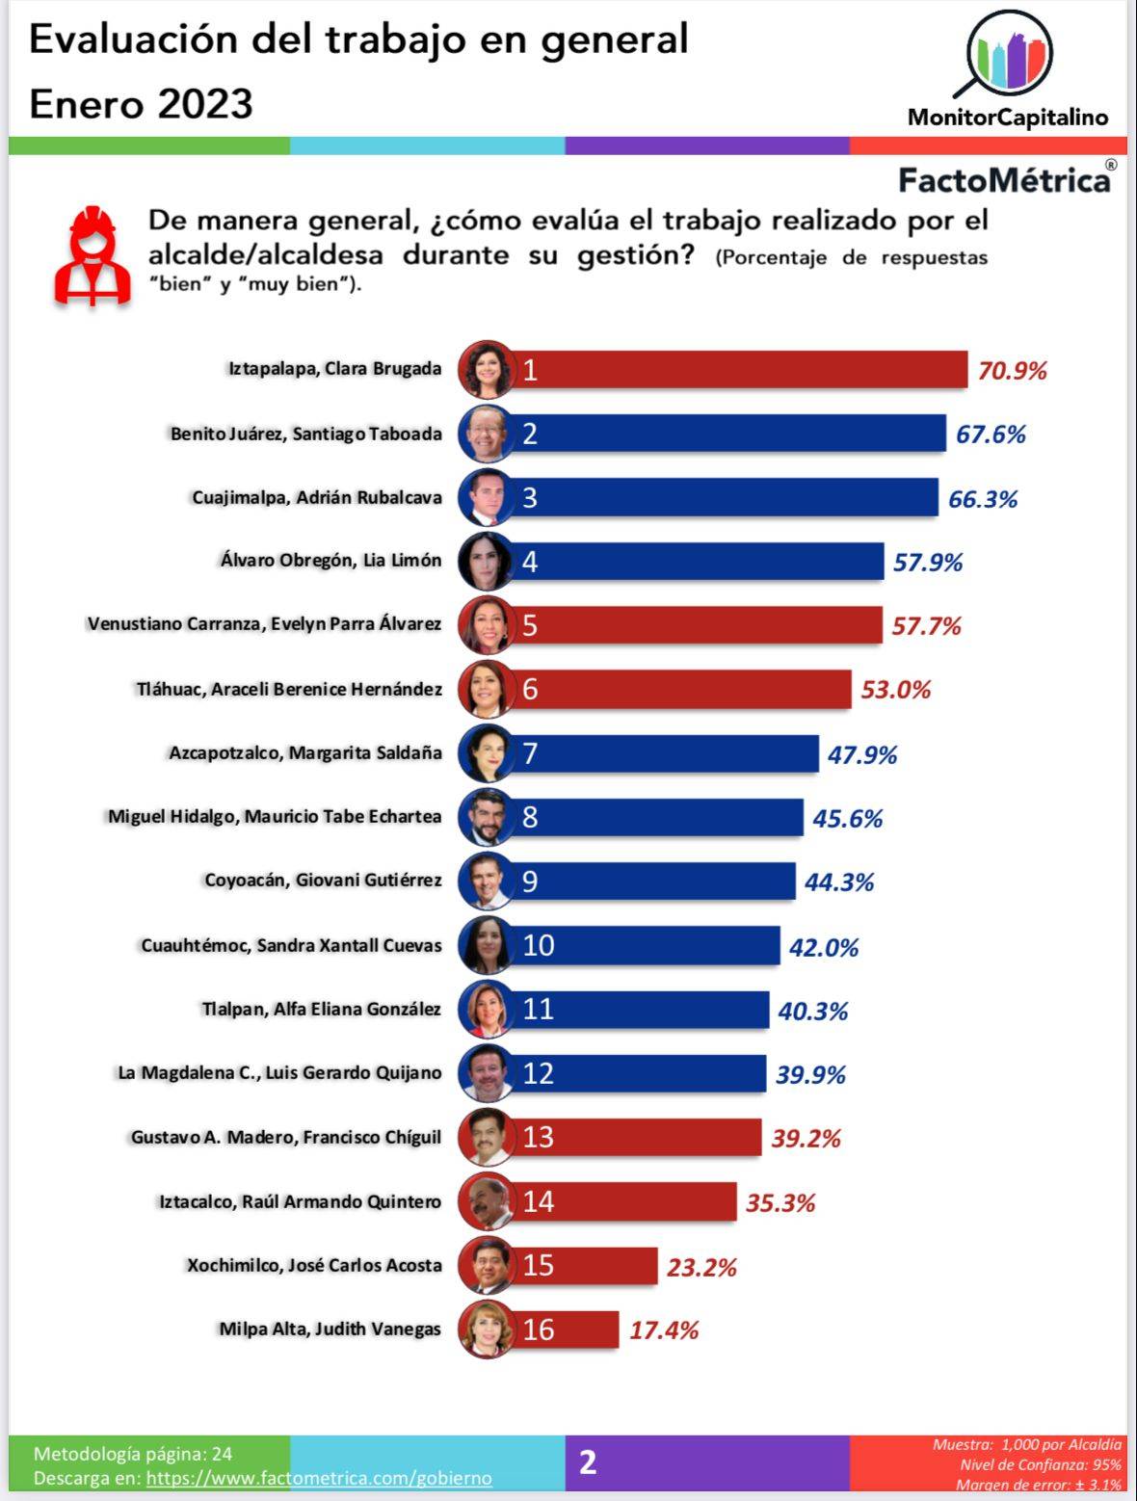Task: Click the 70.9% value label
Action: point(1012,371)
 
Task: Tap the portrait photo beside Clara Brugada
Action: point(486,370)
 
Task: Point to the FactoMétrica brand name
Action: point(1004,180)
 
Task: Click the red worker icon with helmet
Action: point(93,255)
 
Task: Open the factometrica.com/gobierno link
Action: point(319,1478)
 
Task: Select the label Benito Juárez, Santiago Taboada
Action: point(306,434)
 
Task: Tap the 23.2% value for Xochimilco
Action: point(701,1267)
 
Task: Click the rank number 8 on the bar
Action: point(530,817)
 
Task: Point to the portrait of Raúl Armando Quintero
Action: point(486,1201)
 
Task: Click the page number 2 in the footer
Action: point(588,1462)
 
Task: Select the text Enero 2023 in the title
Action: point(142,104)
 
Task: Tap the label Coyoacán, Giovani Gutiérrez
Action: point(323,880)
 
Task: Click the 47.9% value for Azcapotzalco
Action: point(861,754)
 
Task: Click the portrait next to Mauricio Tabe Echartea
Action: point(486,817)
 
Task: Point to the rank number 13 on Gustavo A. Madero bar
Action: point(538,1138)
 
